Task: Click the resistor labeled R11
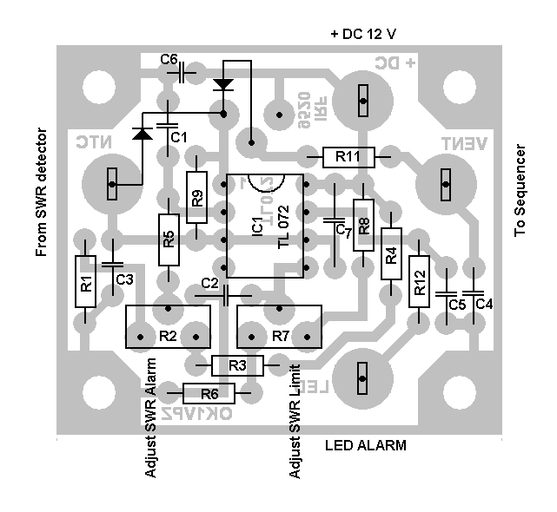[348, 157]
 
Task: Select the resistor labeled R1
[85, 282]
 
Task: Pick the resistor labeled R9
[198, 197]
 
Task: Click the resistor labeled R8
[364, 225]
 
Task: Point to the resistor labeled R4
[391, 254]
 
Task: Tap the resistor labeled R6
[209, 392]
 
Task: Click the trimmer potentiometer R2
[168, 326]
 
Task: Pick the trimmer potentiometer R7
[279, 326]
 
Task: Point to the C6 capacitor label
[169, 59]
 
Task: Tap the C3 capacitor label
[124, 279]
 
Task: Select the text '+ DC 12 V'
[363, 34]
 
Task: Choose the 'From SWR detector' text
[41, 192]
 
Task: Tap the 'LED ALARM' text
[365, 446]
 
